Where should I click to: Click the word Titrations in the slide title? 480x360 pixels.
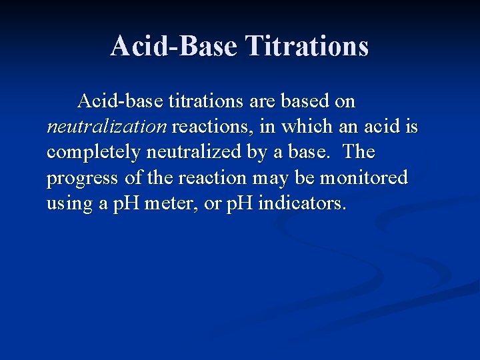pos(307,46)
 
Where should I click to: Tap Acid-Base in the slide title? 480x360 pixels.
pos(174,46)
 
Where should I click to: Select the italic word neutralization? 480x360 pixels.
pos(107,127)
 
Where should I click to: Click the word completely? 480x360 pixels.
pos(94,153)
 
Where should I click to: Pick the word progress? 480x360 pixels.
pos(83,178)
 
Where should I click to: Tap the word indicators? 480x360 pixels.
pos(302,203)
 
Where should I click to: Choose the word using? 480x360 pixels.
pos(70,203)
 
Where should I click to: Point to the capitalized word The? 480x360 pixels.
pos(360,152)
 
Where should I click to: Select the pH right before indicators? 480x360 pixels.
pos(239,203)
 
